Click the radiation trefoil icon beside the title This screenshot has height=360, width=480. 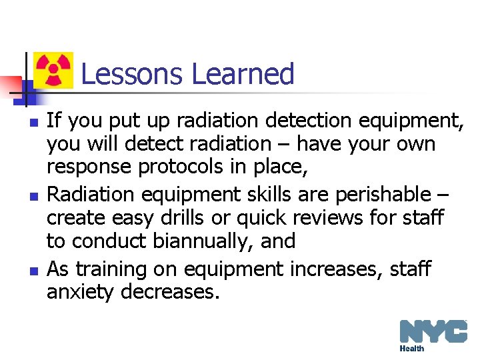pos(53,71)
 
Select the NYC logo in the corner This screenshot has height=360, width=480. pos(433,331)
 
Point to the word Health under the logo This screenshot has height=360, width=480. pos(412,349)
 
